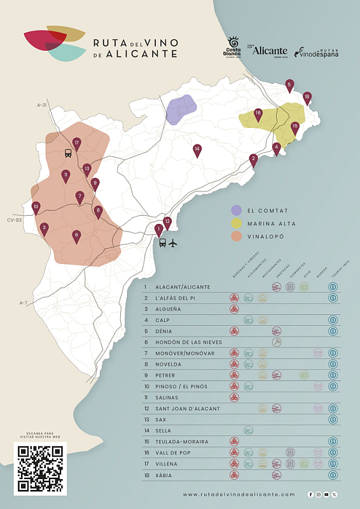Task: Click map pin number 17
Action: coord(77,144)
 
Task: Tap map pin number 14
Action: coord(197,150)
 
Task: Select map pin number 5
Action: coord(289,85)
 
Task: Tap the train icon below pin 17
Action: coord(68,153)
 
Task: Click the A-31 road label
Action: coord(42,104)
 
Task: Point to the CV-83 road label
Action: coord(14,220)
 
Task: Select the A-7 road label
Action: coord(23,302)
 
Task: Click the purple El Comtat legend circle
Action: coord(236,210)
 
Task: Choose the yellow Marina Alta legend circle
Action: coord(236,223)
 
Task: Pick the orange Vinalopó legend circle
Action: coord(236,235)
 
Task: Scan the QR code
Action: coord(40,469)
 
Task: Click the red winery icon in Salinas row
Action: coord(234,398)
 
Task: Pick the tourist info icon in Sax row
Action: coord(332,419)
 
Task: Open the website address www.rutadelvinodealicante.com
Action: coord(239,494)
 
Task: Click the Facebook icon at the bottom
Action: coord(310,494)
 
